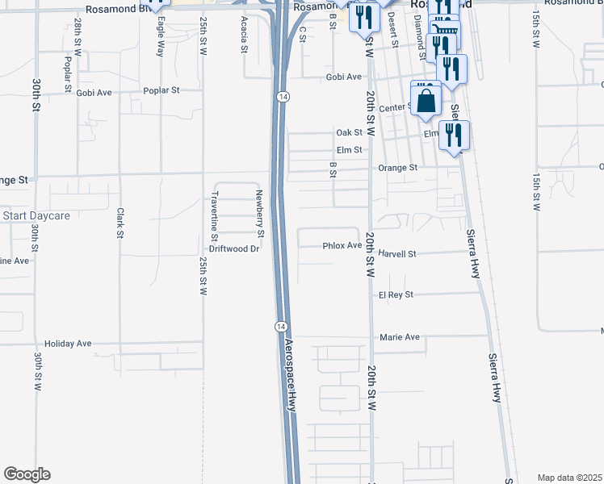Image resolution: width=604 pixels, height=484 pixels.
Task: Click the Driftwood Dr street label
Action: coord(233,249)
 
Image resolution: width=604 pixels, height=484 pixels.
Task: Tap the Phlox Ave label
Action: coord(342,245)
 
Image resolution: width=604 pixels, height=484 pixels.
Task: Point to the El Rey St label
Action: coord(396,295)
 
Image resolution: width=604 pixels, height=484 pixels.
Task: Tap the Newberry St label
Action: coord(260,213)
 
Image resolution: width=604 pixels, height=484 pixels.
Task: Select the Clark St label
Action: coord(120,223)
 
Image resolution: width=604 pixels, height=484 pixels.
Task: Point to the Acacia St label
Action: coord(243,36)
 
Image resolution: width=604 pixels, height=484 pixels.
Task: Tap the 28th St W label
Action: coord(78,36)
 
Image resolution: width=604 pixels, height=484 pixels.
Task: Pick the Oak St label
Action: coord(349,133)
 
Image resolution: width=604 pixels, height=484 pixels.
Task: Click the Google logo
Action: coord(27,474)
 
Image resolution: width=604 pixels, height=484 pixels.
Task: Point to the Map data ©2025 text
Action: coord(569,478)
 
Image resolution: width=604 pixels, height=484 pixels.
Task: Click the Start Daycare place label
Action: coord(36,216)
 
